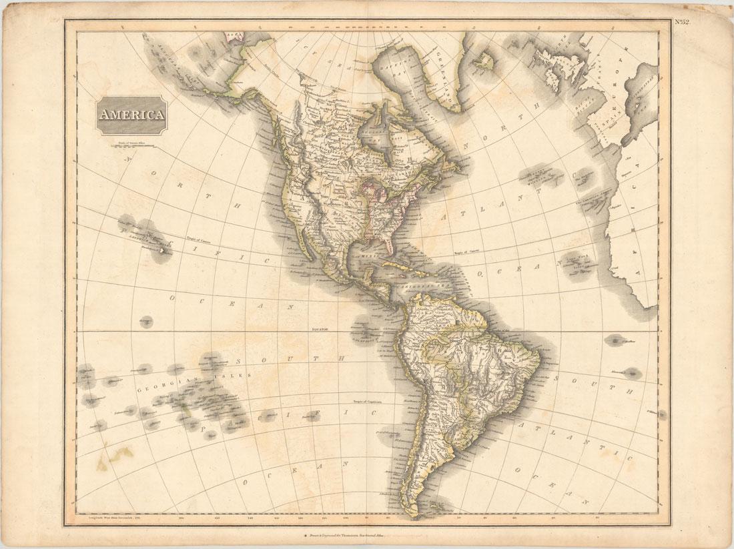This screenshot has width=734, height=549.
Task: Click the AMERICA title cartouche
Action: pos(131,115)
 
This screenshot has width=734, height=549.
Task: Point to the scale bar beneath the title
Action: pos(131,144)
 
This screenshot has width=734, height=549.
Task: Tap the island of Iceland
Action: pos(482,62)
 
